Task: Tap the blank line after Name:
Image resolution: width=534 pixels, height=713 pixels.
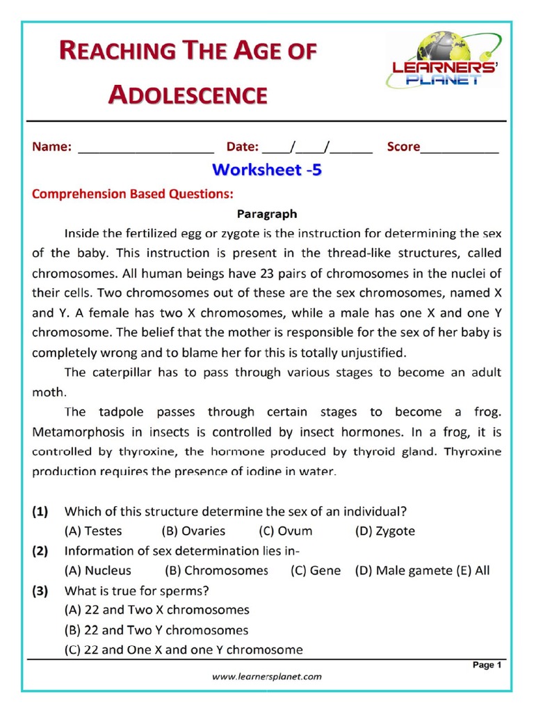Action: tap(146, 148)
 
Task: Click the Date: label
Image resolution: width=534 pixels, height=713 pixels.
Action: tap(242, 147)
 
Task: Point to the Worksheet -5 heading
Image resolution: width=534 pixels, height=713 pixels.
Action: tap(267, 170)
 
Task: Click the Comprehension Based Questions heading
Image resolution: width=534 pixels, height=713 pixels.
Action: tap(132, 194)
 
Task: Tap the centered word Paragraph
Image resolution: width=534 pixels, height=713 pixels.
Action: tap(267, 214)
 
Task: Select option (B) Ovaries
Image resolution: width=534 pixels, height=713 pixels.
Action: tap(193, 531)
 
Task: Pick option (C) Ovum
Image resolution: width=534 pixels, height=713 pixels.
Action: tap(286, 531)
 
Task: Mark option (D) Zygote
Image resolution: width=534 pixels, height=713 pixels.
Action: tap(385, 531)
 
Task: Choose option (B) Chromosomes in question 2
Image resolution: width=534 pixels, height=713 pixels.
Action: tap(216, 570)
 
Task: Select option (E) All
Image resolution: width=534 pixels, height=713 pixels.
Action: tap(473, 570)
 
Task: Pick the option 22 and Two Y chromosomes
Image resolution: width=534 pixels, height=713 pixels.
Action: tap(156, 630)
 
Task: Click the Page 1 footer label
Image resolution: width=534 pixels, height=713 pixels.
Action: tap(487, 665)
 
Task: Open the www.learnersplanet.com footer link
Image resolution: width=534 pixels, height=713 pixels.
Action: tap(267, 676)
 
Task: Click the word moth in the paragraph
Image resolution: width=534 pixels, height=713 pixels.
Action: tap(47, 391)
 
